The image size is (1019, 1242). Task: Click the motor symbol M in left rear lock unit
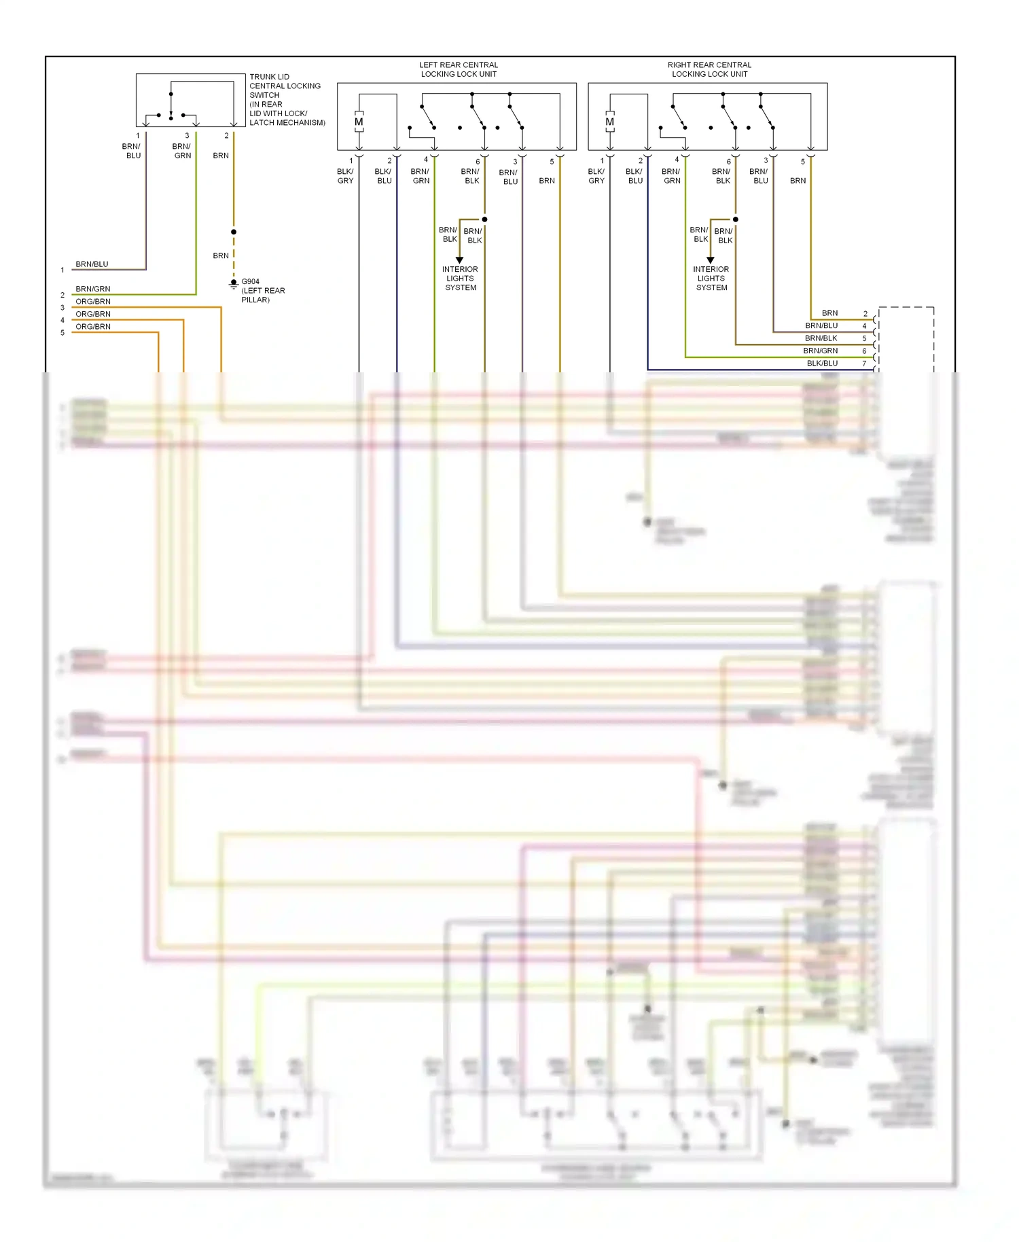pos(359,122)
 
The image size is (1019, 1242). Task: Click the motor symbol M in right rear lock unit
pos(609,122)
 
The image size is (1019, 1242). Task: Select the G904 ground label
pos(250,281)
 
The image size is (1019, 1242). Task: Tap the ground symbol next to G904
pos(234,284)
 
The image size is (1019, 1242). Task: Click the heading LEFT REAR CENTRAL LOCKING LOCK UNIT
pos(459,69)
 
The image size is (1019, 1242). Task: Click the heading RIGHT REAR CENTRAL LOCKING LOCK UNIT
pos(709,69)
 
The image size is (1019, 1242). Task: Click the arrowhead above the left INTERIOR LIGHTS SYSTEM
pos(459,260)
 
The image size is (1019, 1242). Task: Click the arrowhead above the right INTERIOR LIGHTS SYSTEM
pos(711,260)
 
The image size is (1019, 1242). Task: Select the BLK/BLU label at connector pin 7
pos(822,363)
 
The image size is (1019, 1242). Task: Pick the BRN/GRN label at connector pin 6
pos(820,351)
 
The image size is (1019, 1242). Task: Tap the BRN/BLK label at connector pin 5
pos(821,338)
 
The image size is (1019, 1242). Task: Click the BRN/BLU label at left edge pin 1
pos(92,264)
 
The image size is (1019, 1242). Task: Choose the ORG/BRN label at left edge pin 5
pos(93,327)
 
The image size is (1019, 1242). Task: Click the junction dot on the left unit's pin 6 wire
pos(484,219)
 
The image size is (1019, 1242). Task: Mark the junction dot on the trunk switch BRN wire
pos(234,232)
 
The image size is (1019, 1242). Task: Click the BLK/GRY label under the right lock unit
pos(596,176)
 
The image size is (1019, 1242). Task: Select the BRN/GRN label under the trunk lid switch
pos(182,151)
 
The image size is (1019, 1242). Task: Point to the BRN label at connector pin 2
pos(829,313)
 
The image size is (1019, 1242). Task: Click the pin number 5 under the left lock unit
pos(552,162)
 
